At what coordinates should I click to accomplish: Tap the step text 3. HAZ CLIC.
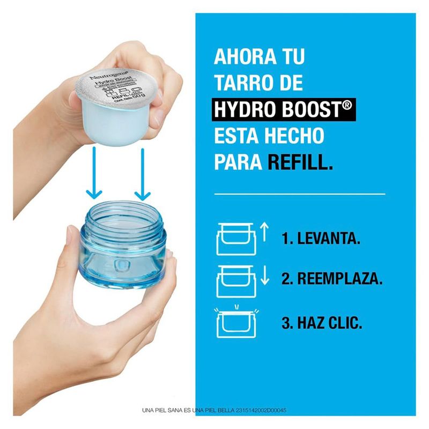point(321,324)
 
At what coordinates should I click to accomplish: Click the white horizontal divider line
point(299,194)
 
